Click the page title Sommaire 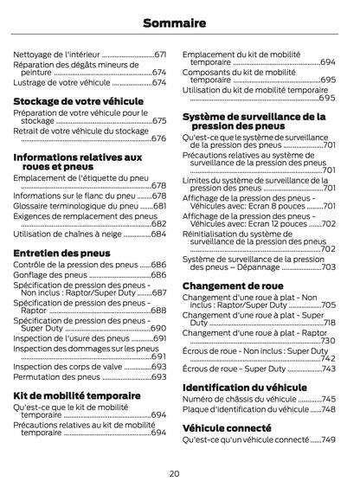pos(179,22)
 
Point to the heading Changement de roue pos(233,285)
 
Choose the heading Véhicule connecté pos(227,427)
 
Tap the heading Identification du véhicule pos(245,387)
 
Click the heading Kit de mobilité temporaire pos(77,395)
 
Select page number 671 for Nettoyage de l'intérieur pos(160,54)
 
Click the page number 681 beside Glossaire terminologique pos(159,207)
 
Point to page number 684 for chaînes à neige pos(159,234)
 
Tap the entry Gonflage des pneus pos(50,275)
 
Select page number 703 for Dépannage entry pos(329,267)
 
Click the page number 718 pos(329,323)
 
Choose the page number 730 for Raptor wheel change pos(329,341)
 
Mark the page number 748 pos(329,410)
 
